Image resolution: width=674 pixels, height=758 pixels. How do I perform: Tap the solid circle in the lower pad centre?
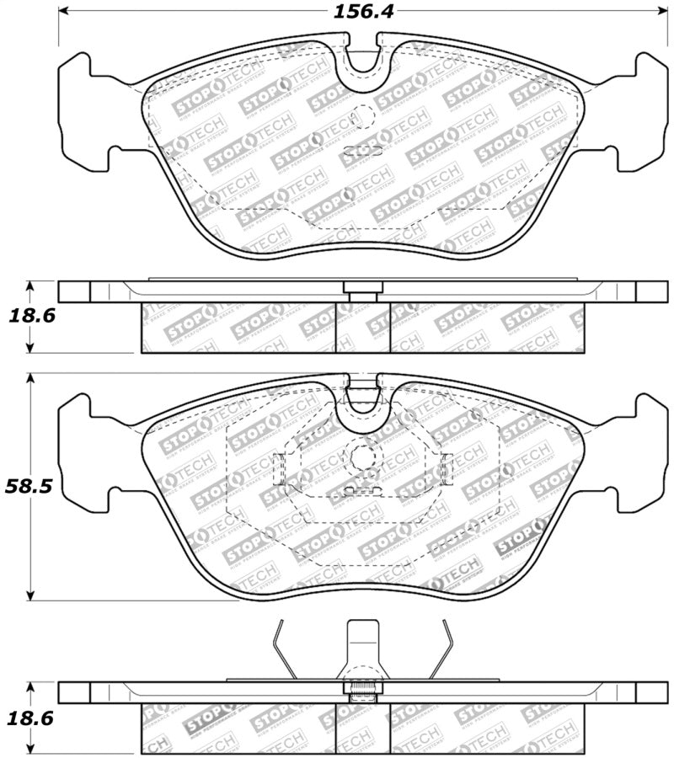click(x=363, y=457)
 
